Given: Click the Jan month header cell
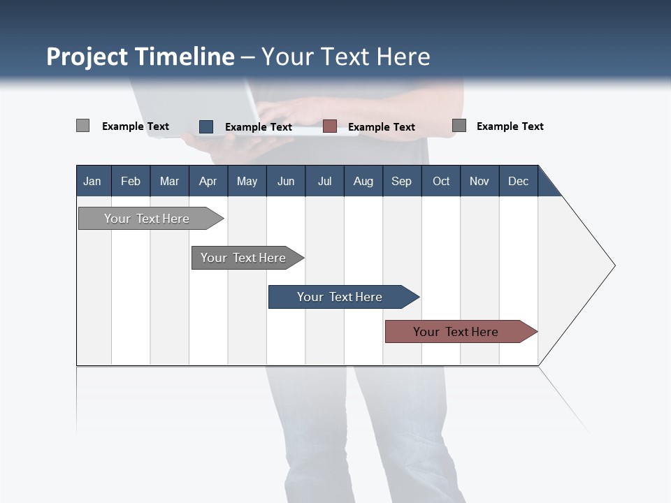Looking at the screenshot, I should [92, 181].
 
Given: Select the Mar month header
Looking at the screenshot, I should [169, 181].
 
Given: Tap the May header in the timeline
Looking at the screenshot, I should [247, 181].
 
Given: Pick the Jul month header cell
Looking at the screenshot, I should [324, 181].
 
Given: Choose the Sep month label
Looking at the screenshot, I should [401, 181].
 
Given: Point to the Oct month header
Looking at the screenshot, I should [441, 181].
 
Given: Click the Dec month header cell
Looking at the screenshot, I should [518, 181].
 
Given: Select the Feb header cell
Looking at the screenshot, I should [131, 181].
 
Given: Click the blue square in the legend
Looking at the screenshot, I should [206, 126].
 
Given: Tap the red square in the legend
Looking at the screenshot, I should [330, 126].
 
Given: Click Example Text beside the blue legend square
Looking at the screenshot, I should [259, 127].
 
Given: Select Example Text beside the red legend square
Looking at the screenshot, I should [382, 127].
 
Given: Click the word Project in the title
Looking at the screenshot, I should [87, 57].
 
